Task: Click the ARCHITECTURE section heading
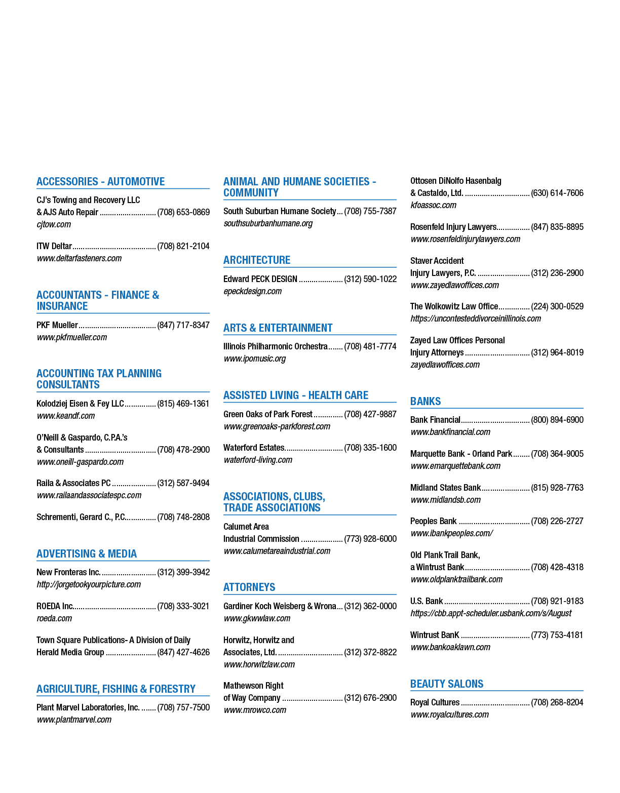tap(256, 260)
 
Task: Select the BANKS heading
tap(425, 401)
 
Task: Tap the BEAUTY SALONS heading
tap(446, 684)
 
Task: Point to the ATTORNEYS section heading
tap(249, 587)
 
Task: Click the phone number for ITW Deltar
tap(183, 246)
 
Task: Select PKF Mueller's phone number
tap(183, 325)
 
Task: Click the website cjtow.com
tap(54, 224)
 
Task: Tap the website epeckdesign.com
tap(253, 291)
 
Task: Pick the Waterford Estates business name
tap(254, 448)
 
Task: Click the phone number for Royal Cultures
tap(557, 702)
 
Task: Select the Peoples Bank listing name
tap(433, 521)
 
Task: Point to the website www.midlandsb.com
tap(445, 500)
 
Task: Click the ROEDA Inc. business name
tap(55, 606)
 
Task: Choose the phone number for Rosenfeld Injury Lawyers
tap(557, 227)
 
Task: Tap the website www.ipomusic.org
tap(254, 359)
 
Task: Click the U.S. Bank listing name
tap(426, 601)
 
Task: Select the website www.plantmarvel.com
tap(74, 719)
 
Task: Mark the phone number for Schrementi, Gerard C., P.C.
tap(183, 517)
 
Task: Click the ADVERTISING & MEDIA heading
tap(87, 553)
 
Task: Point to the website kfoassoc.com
tap(433, 205)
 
